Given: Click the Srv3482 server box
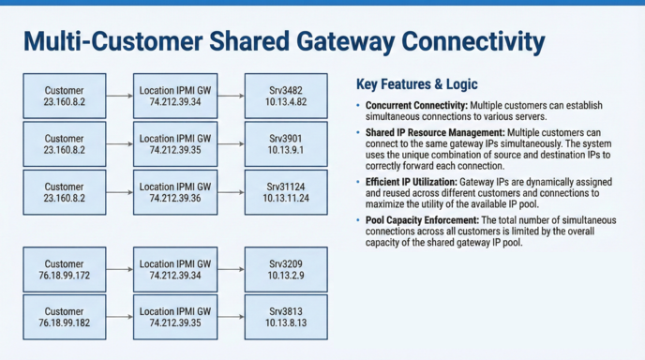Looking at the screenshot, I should coord(286,97).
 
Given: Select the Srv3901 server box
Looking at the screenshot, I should coord(286,143).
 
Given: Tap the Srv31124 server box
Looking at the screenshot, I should coord(286,193).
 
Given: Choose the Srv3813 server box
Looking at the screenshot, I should coord(286,317).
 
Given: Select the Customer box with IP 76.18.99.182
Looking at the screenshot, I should coord(64,317).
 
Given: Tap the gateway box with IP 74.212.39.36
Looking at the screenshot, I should coord(175,193).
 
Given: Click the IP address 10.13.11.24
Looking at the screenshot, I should coord(286,199).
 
